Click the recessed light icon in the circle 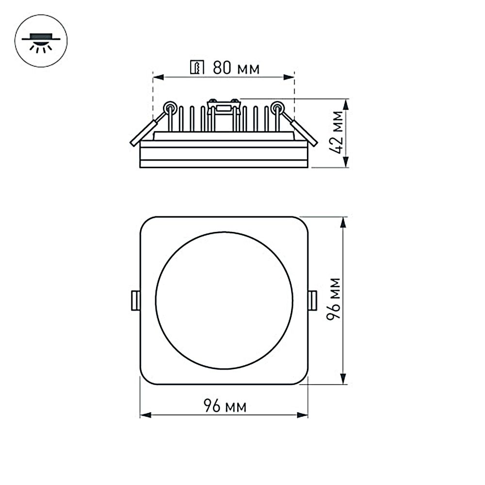click(x=41, y=42)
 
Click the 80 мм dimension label click(x=236, y=68)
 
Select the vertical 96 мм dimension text click(x=334, y=298)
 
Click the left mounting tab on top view click(x=136, y=301)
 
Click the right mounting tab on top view click(x=312, y=301)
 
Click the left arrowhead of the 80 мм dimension click(x=157, y=77)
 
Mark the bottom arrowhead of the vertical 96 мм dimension click(x=343, y=380)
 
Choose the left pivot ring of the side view click(x=170, y=107)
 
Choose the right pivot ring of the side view click(x=277, y=107)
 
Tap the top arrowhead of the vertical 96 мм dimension click(x=343, y=221)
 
